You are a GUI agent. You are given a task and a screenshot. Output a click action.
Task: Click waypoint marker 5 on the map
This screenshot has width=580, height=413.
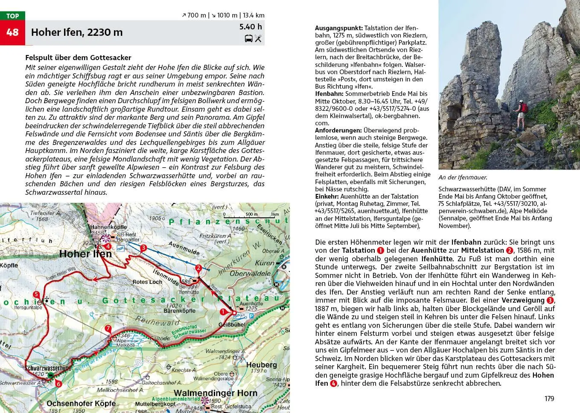36,295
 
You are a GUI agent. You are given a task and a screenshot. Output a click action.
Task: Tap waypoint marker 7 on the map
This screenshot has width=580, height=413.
108,329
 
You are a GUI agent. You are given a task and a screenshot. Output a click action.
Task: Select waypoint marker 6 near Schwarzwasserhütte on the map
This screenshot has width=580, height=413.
58,384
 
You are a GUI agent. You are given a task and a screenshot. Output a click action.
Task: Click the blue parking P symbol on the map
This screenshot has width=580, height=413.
251,316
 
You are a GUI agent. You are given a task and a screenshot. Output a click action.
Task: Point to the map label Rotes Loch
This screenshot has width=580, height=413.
147,282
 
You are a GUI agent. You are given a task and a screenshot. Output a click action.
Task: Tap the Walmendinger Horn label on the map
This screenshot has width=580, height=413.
215,393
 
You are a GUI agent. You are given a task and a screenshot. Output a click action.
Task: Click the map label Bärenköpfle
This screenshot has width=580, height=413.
179,311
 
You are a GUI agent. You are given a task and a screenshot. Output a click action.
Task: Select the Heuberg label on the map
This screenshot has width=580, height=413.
261,365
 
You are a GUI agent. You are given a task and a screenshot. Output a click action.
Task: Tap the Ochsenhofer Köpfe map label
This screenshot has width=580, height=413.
81,403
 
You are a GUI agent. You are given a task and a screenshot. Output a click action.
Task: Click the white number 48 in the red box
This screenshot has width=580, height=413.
12,32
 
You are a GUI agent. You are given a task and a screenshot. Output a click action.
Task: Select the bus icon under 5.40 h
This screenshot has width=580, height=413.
248,39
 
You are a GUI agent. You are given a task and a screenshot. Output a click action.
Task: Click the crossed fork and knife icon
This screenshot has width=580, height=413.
258,39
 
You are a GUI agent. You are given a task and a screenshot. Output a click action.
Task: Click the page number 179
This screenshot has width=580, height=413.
549,399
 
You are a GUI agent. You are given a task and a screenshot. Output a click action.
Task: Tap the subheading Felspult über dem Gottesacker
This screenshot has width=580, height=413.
78,58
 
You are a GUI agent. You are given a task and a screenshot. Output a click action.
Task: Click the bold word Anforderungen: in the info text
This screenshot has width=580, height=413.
338,130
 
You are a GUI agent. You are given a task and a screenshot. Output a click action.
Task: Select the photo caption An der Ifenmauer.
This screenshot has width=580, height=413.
463,177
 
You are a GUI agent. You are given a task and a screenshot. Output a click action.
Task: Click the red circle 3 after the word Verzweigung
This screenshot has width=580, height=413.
550,300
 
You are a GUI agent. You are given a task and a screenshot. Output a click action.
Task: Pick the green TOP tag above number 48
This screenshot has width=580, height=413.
12,16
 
